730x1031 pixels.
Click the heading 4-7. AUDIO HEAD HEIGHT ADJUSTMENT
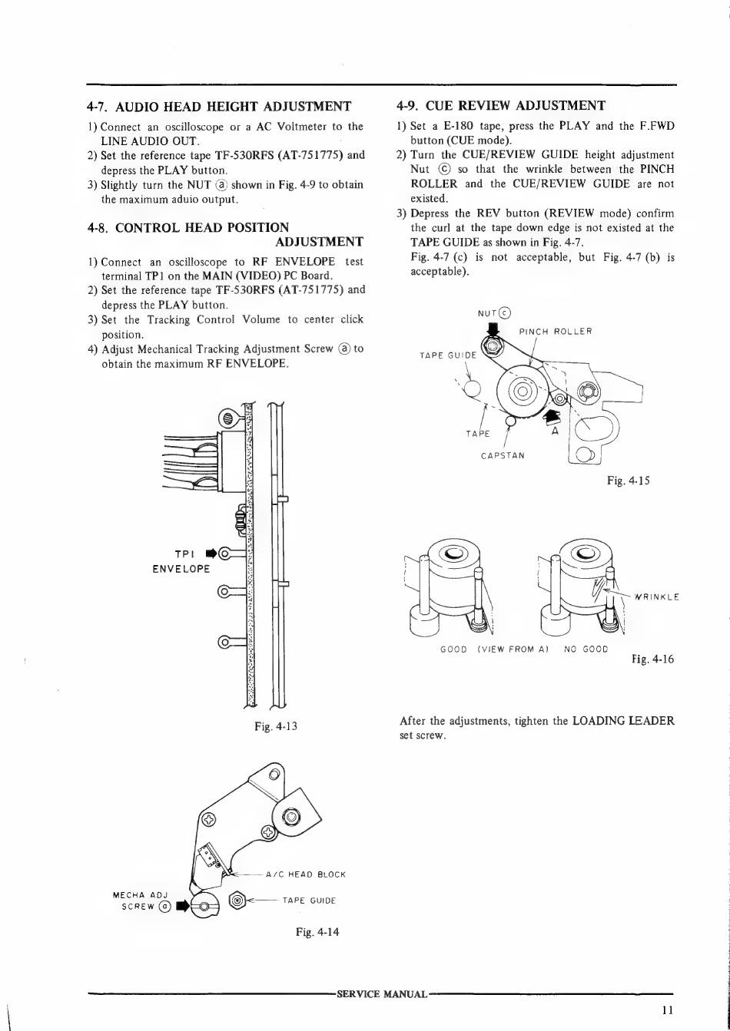click(219, 106)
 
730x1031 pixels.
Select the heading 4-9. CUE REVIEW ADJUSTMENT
click(501, 105)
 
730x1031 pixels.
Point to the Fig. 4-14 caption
click(317, 932)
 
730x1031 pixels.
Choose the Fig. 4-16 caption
click(652, 659)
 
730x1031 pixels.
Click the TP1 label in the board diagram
click(187, 553)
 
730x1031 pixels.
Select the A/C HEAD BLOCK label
click(305, 874)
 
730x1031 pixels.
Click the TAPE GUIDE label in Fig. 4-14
click(309, 900)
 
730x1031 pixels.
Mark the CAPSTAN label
click(503, 455)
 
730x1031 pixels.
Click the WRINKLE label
click(654, 596)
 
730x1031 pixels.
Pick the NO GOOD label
click(586, 649)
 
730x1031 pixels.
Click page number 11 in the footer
click(666, 1011)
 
